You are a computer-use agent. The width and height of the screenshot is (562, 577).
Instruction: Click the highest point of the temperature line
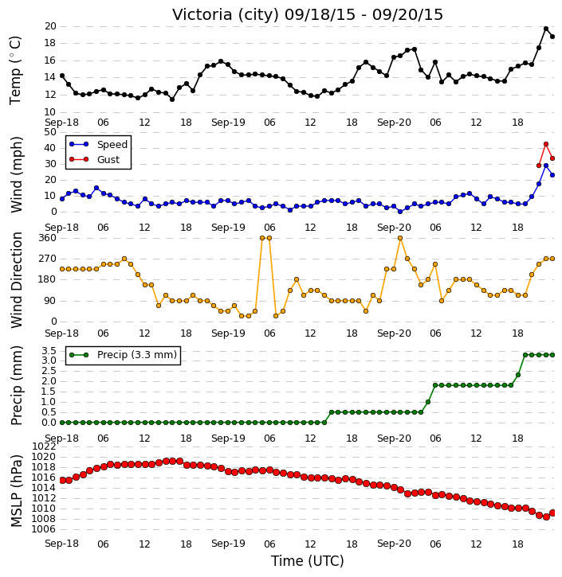[546, 29]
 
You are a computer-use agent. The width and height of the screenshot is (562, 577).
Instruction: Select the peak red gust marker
[546, 144]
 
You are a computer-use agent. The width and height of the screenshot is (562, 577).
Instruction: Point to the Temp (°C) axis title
[15, 70]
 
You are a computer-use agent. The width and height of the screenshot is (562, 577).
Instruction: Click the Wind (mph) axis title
[16, 174]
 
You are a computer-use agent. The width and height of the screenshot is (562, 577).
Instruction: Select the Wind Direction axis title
[16, 280]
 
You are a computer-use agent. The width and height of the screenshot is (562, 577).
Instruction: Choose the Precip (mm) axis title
[16, 386]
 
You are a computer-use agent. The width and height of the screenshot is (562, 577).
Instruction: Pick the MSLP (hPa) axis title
[16, 491]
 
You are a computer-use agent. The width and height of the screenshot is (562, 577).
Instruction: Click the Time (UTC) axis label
[308, 561]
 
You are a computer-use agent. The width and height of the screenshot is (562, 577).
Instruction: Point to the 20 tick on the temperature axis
[50, 26]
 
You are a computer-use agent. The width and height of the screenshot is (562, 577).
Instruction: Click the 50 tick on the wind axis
[50, 132]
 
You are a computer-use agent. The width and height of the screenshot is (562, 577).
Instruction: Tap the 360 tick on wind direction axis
[48, 238]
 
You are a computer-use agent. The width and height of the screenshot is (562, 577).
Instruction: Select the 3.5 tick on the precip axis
[49, 350]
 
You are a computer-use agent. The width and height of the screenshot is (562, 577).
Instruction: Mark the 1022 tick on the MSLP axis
[44, 446]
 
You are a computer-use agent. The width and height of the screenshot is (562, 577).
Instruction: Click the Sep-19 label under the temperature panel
[228, 123]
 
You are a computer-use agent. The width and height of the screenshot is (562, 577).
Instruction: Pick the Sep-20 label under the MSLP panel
[394, 544]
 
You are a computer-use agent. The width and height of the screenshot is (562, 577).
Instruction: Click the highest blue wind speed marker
[546, 166]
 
